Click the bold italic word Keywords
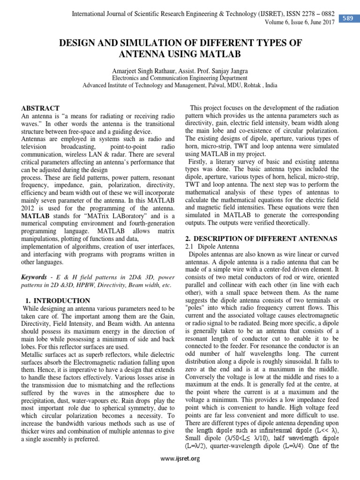(34, 277)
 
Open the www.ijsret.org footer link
(180, 459)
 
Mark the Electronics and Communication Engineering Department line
(180, 78)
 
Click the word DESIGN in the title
(81, 43)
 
